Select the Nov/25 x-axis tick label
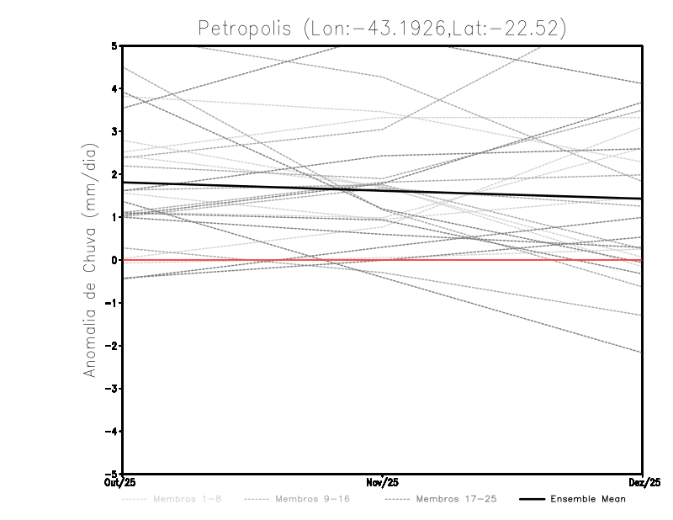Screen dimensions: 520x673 [x=383, y=482]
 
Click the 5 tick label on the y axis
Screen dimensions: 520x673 [x=114, y=45]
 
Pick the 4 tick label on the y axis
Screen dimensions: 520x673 [x=114, y=88]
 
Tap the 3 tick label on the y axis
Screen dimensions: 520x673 [x=114, y=131]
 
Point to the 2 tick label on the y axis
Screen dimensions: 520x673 [x=114, y=174]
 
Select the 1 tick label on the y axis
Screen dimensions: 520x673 [x=114, y=217]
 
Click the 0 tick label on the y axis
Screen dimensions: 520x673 [x=114, y=260]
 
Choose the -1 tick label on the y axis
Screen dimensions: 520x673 [x=111, y=303]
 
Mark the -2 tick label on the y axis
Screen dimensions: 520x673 [x=111, y=346]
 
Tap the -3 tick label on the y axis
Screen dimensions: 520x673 [x=111, y=389]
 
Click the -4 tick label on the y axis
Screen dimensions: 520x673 [x=111, y=432]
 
